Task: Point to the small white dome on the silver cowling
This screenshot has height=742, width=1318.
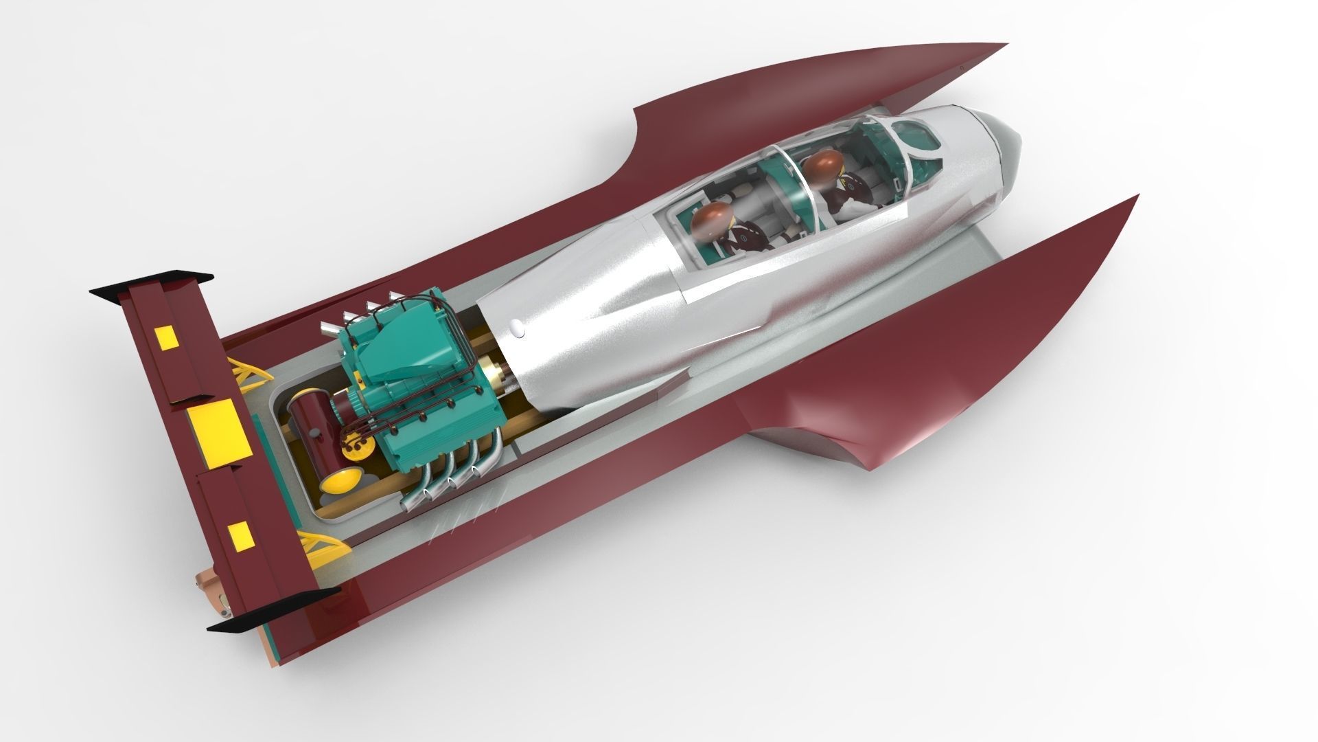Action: pos(517,330)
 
